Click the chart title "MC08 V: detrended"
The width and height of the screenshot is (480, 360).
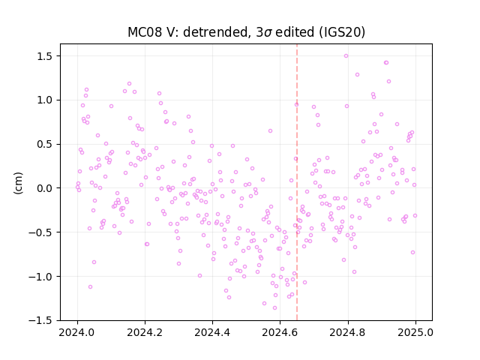(x=187, y=32)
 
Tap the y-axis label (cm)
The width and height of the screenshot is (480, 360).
(x=18, y=183)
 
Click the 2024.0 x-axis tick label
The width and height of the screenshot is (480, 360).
(x=77, y=332)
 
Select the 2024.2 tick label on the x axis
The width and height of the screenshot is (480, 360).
(x=145, y=332)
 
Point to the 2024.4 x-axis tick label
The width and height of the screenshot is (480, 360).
(x=212, y=332)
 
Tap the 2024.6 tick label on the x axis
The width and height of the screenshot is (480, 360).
(x=280, y=332)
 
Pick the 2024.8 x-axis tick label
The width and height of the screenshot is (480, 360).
(x=347, y=332)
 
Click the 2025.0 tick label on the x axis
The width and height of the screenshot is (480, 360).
(x=415, y=332)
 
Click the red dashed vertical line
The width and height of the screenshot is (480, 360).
(x=297, y=182)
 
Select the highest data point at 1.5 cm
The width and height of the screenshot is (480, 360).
(x=346, y=56)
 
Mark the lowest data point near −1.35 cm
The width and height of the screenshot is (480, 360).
(x=274, y=308)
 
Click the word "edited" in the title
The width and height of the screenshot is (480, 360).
(x=295, y=32)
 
